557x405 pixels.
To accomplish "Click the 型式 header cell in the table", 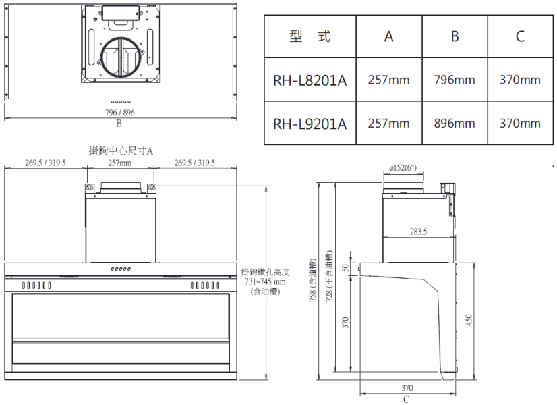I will click(310, 36).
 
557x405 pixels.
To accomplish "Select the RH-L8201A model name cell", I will click(310, 80).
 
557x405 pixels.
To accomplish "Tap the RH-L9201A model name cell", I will click(310, 124).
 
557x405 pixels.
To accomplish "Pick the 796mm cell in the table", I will click(455, 80).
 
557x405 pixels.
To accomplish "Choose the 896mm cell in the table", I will click(455, 124).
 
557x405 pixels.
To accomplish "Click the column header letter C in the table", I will click(520, 36).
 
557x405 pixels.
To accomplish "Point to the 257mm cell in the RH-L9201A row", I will click(388, 124).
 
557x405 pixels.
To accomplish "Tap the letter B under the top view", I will click(119, 123).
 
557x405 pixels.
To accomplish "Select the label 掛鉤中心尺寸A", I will click(121, 150).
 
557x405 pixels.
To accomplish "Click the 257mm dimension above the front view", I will click(120, 163).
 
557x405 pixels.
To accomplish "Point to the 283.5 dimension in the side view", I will click(417, 232).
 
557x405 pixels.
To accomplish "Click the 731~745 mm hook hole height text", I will click(266, 281).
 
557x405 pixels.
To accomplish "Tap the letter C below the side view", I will click(406, 399).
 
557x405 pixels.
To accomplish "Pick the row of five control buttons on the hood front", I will click(121, 269).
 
